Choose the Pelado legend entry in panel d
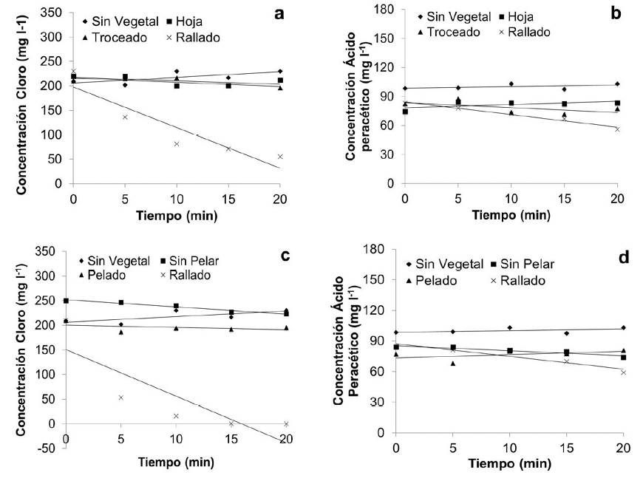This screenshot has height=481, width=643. click(x=438, y=281)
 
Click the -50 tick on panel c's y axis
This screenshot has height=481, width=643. click(x=48, y=448)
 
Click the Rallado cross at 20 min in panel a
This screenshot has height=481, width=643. click(x=280, y=157)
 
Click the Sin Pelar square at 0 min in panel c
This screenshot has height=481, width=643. click(x=67, y=301)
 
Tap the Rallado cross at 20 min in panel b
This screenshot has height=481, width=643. click(x=617, y=129)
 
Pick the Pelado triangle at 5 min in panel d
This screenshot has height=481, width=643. click(x=453, y=363)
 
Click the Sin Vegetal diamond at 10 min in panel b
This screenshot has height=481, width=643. click(x=511, y=83)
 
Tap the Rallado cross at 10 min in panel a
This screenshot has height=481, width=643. click(x=177, y=143)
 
